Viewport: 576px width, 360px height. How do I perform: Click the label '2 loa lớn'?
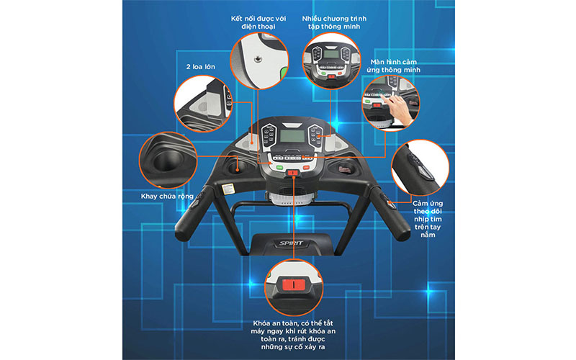pyautogui.click(x=201, y=67)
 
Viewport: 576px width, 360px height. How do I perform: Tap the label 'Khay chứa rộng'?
pyautogui.click(x=167, y=196)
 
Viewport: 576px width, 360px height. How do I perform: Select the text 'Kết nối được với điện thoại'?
pyautogui.click(x=258, y=22)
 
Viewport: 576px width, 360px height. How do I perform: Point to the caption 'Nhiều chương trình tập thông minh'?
pyautogui.click(x=334, y=22)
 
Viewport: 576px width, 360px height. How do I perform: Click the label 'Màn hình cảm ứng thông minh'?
pyautogui.click(x=393, y=66)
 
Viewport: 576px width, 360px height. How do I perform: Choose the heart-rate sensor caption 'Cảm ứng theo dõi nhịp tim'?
pyautogui.click(x=428, y=219)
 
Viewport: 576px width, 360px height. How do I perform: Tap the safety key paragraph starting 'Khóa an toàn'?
pyautogui.click(x=293, y=335)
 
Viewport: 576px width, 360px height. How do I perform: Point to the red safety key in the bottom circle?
pyautogui.click(x=294, y=284)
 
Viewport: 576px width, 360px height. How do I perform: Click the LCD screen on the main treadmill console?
pyautogui.click(x=292, y=136)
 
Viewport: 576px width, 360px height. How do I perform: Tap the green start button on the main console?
pyautogui.click(x=279, y=168)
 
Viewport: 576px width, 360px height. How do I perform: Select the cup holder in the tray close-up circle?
pyautogui.click(x=168, y=161)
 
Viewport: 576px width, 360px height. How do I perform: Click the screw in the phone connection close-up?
pyautogui.click(x=258, y=58)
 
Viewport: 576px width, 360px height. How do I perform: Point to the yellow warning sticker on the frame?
pyautogui.click(x=228, y=189)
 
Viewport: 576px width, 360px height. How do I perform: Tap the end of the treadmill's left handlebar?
pyautogui.click(x=182, y=233)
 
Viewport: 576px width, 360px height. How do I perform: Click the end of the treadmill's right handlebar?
pyautogui.click(x=402, y=233)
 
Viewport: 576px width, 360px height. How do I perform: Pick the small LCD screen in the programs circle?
pyautogui.click(x=331, y=55)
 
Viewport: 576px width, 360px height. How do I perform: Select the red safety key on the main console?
pyautogui.click(x=293, y=172)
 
